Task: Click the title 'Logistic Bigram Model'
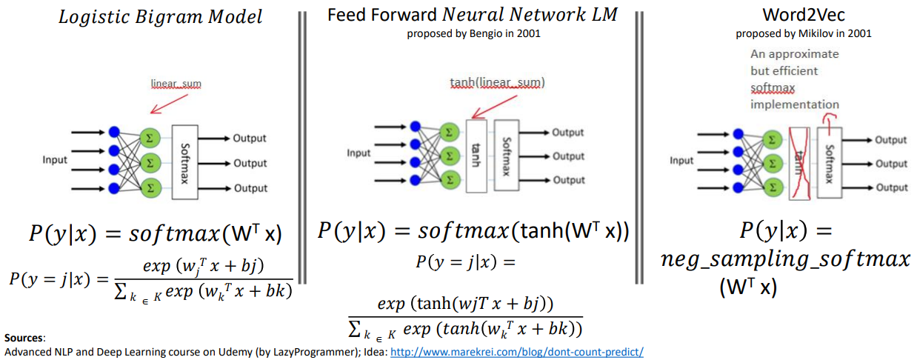160,17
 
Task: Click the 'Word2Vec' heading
803,16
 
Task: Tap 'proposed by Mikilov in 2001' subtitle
803,33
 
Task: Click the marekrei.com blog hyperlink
516,352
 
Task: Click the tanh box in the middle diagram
476,156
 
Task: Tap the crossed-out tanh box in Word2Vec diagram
798,162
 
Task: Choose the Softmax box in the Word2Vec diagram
828,162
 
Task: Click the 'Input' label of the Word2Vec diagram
681,161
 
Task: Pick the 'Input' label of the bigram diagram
54,159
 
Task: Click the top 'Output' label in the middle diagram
568,133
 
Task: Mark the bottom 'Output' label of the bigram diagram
250,188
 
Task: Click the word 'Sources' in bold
24,338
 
